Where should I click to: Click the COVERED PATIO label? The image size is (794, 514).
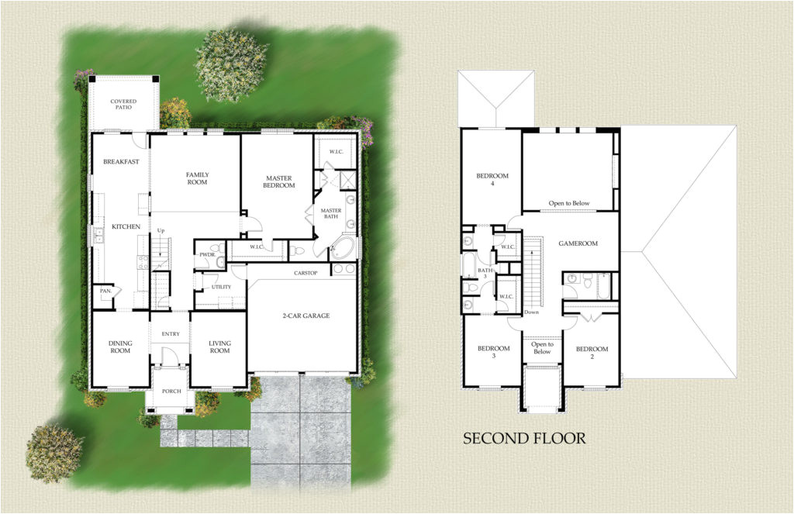(123, 104)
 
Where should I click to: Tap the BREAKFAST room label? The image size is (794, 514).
(121, 161)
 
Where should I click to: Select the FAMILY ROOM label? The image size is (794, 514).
(197, 178)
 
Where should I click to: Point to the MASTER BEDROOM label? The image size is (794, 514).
(279, 181)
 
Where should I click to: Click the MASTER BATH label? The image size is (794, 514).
(331, 213)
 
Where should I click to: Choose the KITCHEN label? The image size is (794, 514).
(126, 226)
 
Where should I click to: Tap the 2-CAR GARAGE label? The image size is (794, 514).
(305, 316)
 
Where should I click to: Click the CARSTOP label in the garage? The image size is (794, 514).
(309, 274)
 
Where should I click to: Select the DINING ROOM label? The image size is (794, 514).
(120, 347)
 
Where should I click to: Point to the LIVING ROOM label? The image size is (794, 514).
(219, 347)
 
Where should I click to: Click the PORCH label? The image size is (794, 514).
(171, 391)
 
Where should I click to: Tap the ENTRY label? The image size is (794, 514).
(171, 334)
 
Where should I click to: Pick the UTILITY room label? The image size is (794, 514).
(221, 287)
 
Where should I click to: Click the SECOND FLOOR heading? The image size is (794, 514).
(524, 439)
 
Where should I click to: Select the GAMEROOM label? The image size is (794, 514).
(578, 243)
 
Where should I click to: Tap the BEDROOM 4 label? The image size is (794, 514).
(492, 180)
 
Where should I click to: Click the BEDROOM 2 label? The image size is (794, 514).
(592, 353)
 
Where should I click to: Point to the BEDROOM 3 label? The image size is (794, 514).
(493, 353)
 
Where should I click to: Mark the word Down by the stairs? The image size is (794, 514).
(531, 312)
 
